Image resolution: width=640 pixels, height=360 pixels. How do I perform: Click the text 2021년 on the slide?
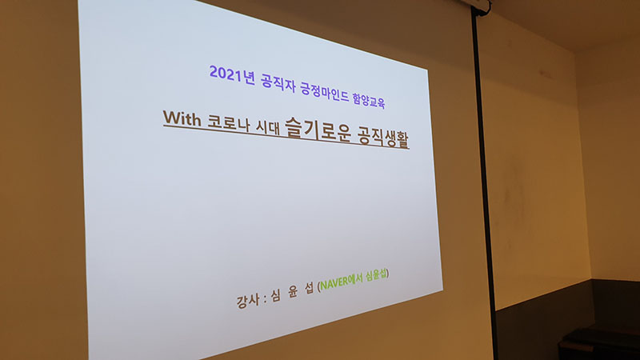[x=232, y=74]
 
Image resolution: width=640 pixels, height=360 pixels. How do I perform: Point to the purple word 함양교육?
[x=369, y=99]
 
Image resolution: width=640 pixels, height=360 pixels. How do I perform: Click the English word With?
[x=182, y=118]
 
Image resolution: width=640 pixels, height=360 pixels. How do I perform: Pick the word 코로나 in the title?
[x=228, y=123]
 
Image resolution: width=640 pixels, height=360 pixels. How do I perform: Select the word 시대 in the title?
[x=268, y=127]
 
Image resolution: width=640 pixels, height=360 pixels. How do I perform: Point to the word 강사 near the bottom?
[x=247, y=302]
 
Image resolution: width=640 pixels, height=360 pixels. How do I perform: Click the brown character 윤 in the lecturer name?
[x=293, y=292]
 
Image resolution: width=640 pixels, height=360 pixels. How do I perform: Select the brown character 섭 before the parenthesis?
[x=310, y=288]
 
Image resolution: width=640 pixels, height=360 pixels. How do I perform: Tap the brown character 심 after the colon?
[x=275, y=296]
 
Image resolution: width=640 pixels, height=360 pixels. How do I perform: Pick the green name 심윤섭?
[x=375, y=274]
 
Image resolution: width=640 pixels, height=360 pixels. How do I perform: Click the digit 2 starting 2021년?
[x=214, y=72]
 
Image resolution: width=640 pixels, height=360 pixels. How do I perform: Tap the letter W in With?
[x=171, y=117]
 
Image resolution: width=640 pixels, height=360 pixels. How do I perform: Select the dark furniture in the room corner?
[x=599, y=344]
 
